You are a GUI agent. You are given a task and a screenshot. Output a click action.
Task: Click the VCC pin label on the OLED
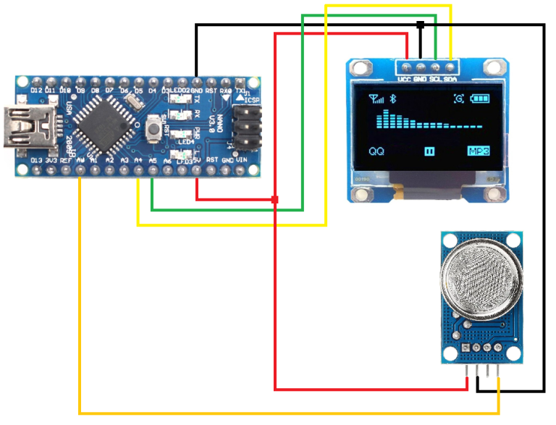pyautogui.click(x=405, y=78)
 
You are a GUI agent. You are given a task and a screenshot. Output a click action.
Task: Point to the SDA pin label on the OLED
pyautogui.click(x=450, y=78)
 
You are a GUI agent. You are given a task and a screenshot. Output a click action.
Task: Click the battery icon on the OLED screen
pyautogui.click(x=479, y=99)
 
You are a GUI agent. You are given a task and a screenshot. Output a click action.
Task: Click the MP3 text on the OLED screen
pyautogui.click(x=479, y=151)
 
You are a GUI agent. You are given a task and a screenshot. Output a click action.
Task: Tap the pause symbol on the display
pyautogui.click(x=429, y=151)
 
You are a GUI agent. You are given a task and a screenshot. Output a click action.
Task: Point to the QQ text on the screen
pyautogui.click(x=376, y=151)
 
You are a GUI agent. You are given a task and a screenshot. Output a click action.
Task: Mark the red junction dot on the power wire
pyautogui.click(x=274, y=199)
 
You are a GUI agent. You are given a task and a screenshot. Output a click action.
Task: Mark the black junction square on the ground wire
pyautogui.click(x=420, y=25)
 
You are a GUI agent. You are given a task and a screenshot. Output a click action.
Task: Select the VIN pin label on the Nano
pyautogui.click(x=243, y=160)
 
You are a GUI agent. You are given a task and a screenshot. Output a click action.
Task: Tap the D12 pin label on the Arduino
pyautogui.click(x=36, y=90)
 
